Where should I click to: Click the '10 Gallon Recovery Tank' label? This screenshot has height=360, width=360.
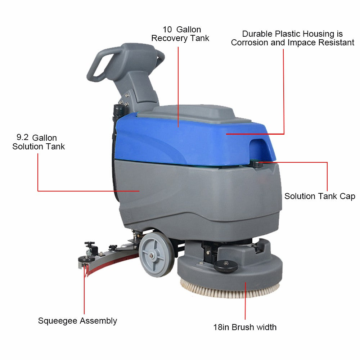(x=180, y=34)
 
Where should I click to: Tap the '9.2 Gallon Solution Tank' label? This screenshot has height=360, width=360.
(x=39, y=142)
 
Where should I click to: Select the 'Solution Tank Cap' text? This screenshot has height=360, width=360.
(x=320, y=196)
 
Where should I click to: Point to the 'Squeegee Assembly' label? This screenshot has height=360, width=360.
(x=77, y=321)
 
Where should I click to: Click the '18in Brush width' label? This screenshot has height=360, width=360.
(x=245, y=327)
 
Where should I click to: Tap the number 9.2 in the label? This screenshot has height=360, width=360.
(x=22, y=138)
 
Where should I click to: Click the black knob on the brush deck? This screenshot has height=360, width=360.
(x=226, y=266)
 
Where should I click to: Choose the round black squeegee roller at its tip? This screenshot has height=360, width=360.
(x=87, y=259)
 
